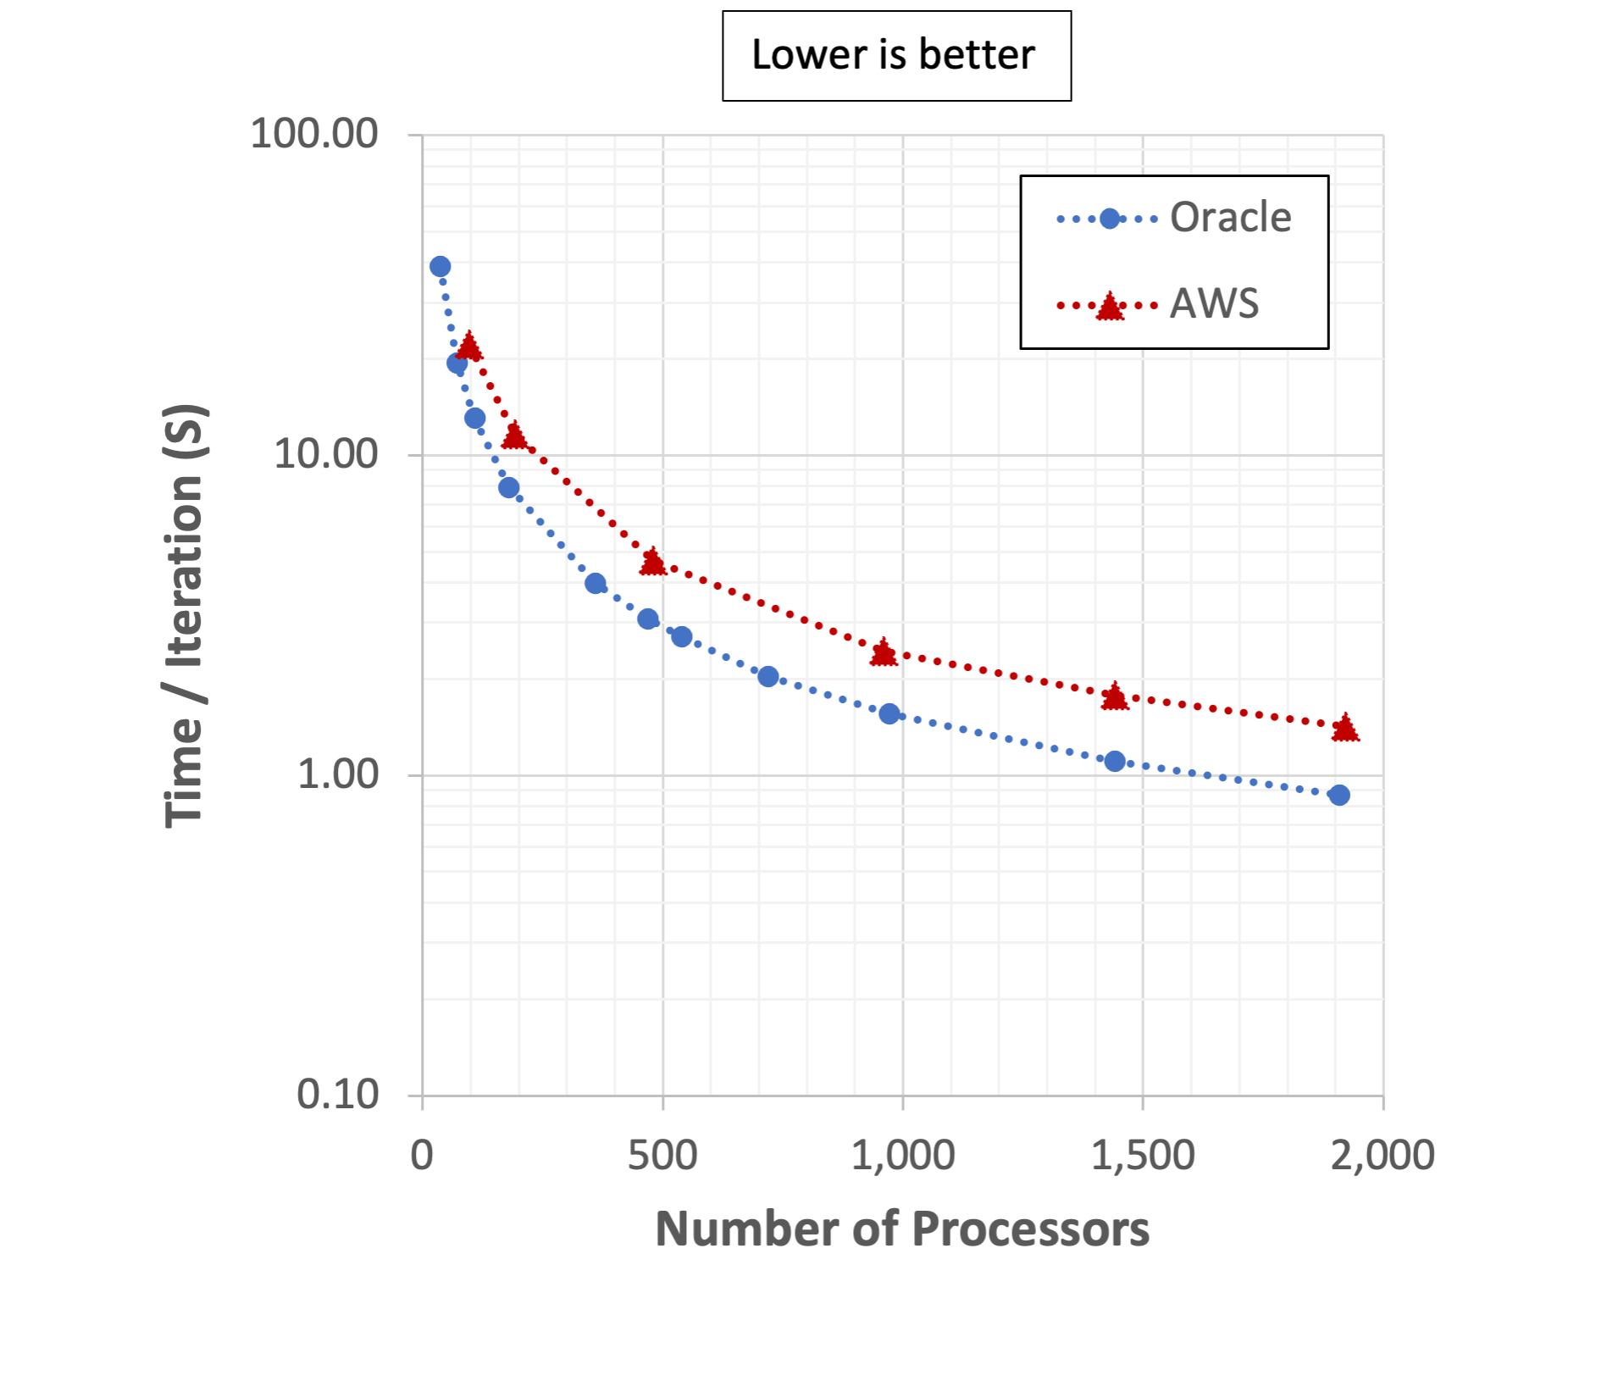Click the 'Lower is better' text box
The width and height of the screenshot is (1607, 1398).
coord(896,56)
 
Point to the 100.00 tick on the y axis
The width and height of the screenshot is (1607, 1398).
coord(313,134)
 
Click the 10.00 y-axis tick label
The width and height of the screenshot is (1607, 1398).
coord(324,454)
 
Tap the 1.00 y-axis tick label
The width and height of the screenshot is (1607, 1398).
coord(336,774)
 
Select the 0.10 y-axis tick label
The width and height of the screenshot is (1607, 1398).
coord(336,1095)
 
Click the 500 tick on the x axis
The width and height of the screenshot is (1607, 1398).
coord(662,1156)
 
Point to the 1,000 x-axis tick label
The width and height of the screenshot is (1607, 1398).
coord(902,1156)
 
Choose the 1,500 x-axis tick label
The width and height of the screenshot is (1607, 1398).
coord(1142,1156)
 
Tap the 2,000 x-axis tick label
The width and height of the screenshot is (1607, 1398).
coord(1382,1156)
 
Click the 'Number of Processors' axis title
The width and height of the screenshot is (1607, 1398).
coord(902,1229)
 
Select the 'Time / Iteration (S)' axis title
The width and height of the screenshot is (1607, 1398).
coord(185,616)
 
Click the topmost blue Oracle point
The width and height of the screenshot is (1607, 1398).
coord(440,267)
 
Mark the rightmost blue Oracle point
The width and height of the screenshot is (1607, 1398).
coord(1338,795)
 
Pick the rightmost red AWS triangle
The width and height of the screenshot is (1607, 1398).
coord(1345,729)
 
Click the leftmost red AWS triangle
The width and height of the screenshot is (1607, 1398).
coord(468,347)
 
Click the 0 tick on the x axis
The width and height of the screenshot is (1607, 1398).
coord(422,1156)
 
